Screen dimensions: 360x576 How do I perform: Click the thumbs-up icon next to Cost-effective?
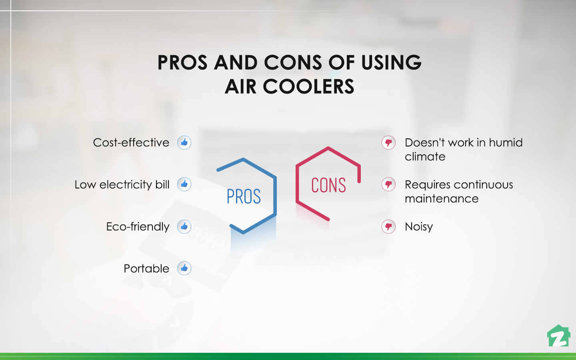click(x=184, y=142)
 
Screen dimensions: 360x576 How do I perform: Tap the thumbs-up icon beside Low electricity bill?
click(x=184, y=184)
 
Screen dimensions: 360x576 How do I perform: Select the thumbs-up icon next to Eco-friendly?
click(x=184, y=226)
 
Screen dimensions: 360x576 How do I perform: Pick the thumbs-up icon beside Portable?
click(x=184, y=268)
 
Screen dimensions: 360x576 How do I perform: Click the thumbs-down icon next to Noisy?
click(x=388, y=226)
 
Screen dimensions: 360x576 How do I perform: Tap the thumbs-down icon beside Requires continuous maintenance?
click(x=388, y=184)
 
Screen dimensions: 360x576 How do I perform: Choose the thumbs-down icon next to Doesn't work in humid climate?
click(x=388, y=142)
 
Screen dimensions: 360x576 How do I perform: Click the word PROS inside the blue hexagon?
click(x=244, y=196)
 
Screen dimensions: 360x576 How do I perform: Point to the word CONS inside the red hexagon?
click(x=328, y=185)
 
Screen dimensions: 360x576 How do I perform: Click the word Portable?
click(x=146, y=268)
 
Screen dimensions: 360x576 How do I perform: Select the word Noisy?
click(x=419, y=227)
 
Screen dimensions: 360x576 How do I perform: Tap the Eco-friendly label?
click(x=138, y=227)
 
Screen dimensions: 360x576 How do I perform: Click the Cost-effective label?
click(x=131, y=143)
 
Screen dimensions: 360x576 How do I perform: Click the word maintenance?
click(x=442, y=199)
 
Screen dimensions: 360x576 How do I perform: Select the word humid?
click(x=506, y=143)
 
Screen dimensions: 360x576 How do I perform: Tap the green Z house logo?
click(x=558, y=336)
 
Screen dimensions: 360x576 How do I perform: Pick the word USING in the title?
click(x=391, y=63)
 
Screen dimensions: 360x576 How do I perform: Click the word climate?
click(x=425, y=157)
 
